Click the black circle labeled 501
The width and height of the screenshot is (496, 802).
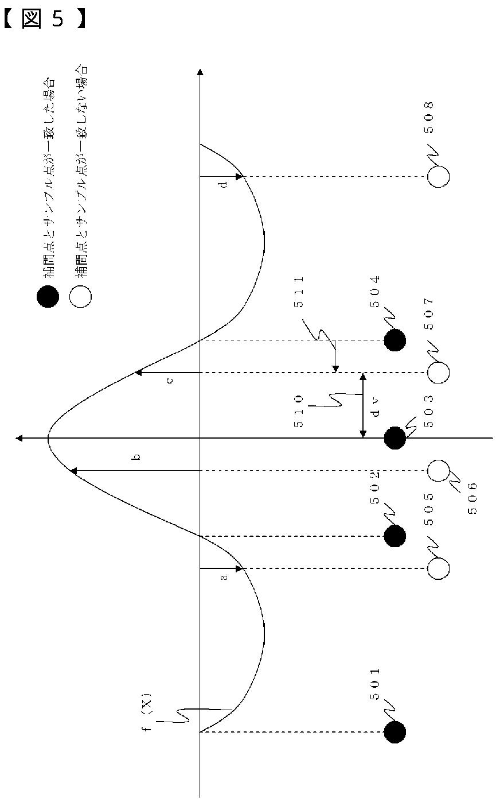395,732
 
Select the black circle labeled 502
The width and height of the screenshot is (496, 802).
395,536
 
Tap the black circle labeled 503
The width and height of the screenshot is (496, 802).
395,438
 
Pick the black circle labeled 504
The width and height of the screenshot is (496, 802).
395,340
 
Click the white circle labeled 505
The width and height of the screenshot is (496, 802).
438,568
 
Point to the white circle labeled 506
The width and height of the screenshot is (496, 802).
438,470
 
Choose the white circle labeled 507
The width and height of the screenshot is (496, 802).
438,373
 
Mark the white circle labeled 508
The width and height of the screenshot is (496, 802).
438,177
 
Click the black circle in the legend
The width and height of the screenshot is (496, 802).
47,297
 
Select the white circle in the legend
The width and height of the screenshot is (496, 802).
80,297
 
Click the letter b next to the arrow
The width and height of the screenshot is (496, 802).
136,458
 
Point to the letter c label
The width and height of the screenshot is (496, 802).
170,380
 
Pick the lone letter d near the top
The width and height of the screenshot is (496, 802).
224,184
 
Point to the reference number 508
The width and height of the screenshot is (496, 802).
429,118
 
